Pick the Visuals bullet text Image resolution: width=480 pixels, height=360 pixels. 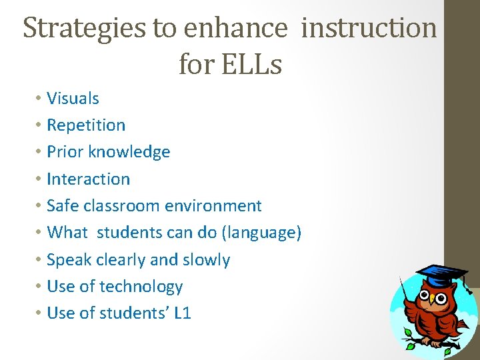(73, 99)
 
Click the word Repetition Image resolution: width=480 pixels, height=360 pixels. (86, 125)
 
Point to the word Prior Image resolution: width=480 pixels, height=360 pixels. (63, 152)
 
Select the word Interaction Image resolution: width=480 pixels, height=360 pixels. (89, 179)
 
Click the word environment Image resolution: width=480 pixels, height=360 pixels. (209, 206)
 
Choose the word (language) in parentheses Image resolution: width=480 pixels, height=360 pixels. (261, 233)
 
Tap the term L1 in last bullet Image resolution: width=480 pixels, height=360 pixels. (182, 313)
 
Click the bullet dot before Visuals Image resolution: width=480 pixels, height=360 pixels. (38, 99)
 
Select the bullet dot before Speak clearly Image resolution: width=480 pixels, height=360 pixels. (38, 260)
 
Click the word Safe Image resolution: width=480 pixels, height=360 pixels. (63, 206)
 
